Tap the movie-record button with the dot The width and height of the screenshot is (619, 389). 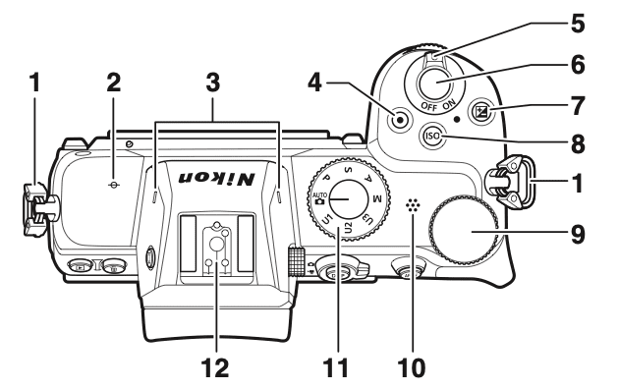(400, 120)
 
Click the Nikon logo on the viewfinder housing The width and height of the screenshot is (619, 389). (216, 178)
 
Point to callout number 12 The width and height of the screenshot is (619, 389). (215, 367)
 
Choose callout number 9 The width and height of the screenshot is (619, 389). (577, 235)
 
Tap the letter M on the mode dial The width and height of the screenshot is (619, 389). (375, 198)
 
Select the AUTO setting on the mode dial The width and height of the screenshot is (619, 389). (318, 197)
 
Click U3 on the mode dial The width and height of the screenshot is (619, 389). (367, 219)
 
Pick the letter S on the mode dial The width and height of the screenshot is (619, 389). (348, 170)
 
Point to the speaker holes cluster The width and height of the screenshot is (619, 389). (413, 205)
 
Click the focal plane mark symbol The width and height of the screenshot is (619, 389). (114, 185)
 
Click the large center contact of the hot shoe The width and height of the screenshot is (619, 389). (215, 245)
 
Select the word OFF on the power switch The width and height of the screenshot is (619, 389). (429, 106)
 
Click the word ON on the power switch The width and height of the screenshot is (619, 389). (449, 103)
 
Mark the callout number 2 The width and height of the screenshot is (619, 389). (113, 83)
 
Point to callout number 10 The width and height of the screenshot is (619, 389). (412, 367)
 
